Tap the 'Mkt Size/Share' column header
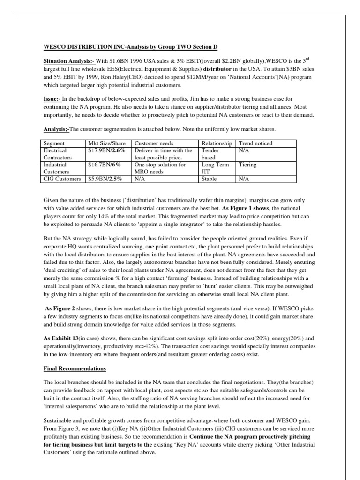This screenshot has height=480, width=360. coord(107,143)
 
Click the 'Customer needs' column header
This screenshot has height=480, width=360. coord(154,143)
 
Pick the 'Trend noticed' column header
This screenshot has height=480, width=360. coord(255,143)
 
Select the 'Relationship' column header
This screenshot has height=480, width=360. coord(217,143)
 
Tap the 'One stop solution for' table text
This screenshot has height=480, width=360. coord(160,165)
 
